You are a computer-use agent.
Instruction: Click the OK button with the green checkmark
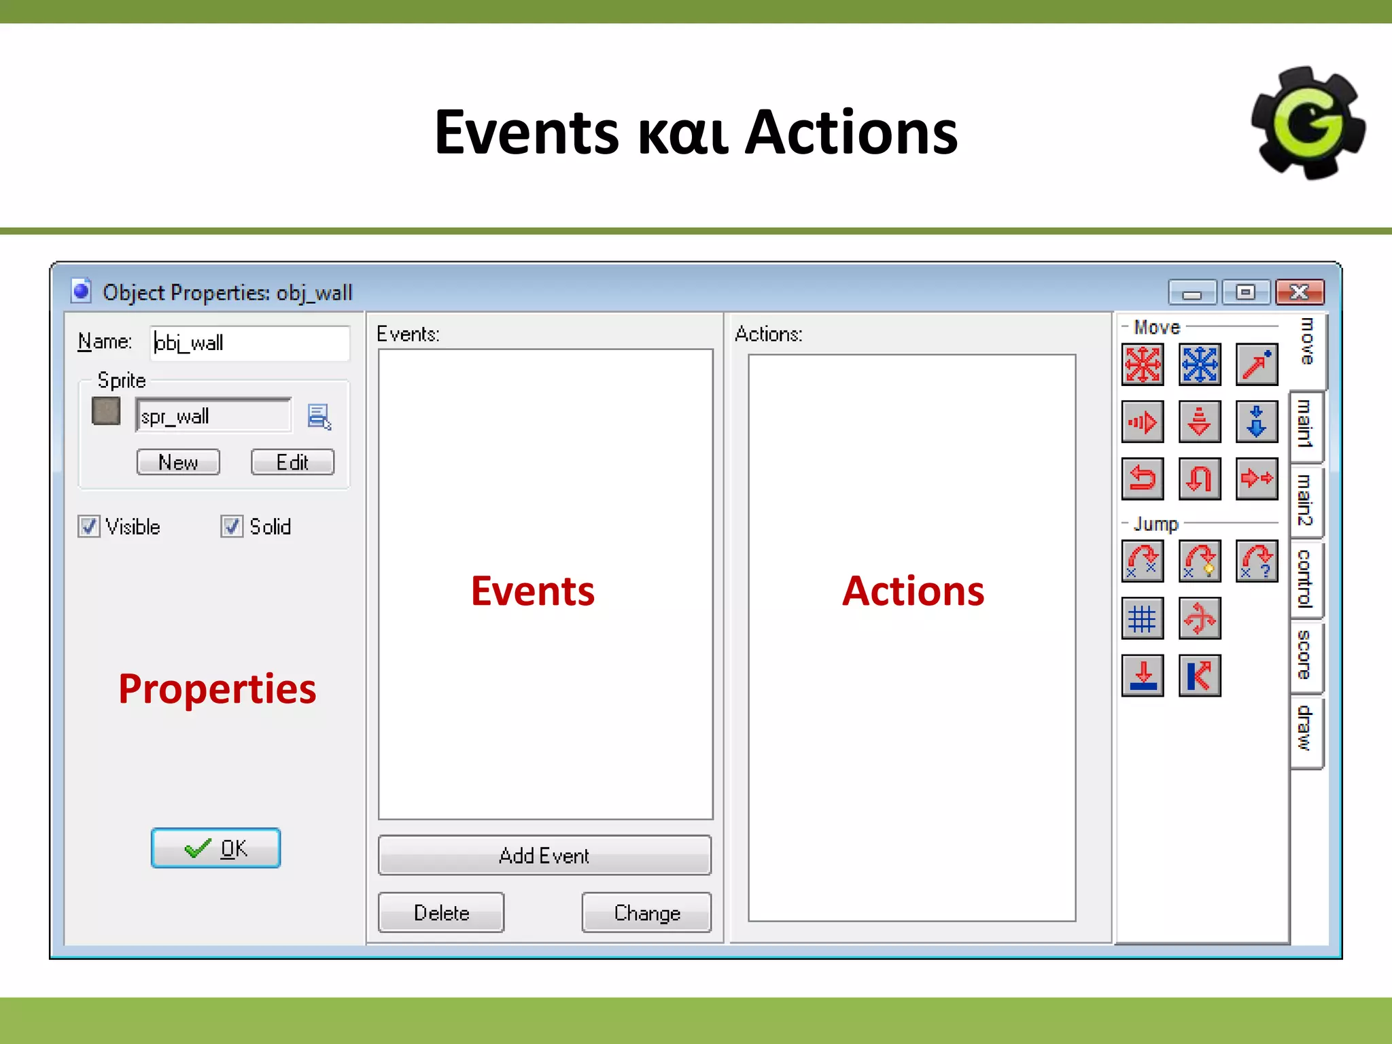coord(215,848)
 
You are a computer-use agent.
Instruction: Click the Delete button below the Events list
coord(441,912)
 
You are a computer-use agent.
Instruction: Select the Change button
coord(646,912)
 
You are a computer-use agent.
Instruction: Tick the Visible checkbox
coord(88,527)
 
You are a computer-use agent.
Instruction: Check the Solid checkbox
coord(232,527)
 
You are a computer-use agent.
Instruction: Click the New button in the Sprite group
coord(178,462)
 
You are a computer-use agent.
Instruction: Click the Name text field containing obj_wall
coord(249,343)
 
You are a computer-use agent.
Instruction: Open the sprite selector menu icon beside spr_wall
coord(319,416)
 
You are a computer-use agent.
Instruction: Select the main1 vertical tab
coord(1305,424)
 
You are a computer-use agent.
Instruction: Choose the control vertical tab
coord(1305,578)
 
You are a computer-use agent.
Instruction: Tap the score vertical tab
coord(1305,655)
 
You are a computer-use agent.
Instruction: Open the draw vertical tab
coord(1305,728)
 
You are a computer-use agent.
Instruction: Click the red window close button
coord(1300,292)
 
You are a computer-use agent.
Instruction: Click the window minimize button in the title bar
coord(1192,292)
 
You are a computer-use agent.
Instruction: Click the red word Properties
coord(217,689)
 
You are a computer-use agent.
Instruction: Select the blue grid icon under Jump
coord(1143,619)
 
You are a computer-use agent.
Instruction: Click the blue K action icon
coord(1200,676)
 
